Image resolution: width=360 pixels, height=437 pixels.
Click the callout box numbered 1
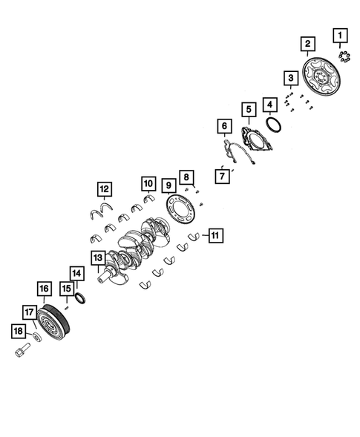[340, 36]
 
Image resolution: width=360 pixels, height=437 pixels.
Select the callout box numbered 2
[308, 44]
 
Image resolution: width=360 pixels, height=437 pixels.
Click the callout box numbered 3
[291, 78]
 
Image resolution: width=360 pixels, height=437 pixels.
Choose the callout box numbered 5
[249, 110]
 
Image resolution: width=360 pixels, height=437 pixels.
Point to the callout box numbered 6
[225, 126]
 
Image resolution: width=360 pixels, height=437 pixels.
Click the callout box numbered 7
[222, 176]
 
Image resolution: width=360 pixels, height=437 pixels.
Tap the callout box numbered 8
[186, 177]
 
